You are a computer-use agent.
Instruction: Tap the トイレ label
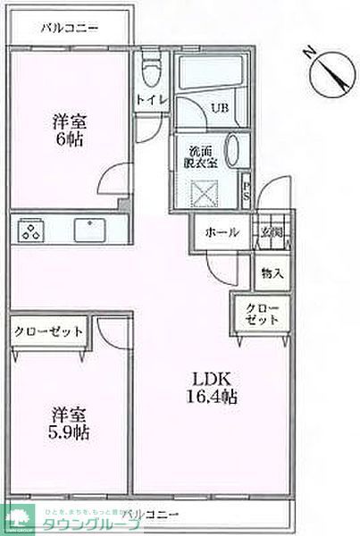pos(149,100)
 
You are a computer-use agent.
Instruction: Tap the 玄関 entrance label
pos(272,231)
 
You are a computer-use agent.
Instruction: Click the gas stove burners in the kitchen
pos(31,230)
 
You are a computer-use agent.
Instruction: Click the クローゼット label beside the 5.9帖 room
pos(48,331)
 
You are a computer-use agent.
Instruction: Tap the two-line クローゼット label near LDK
pos(262,314)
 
